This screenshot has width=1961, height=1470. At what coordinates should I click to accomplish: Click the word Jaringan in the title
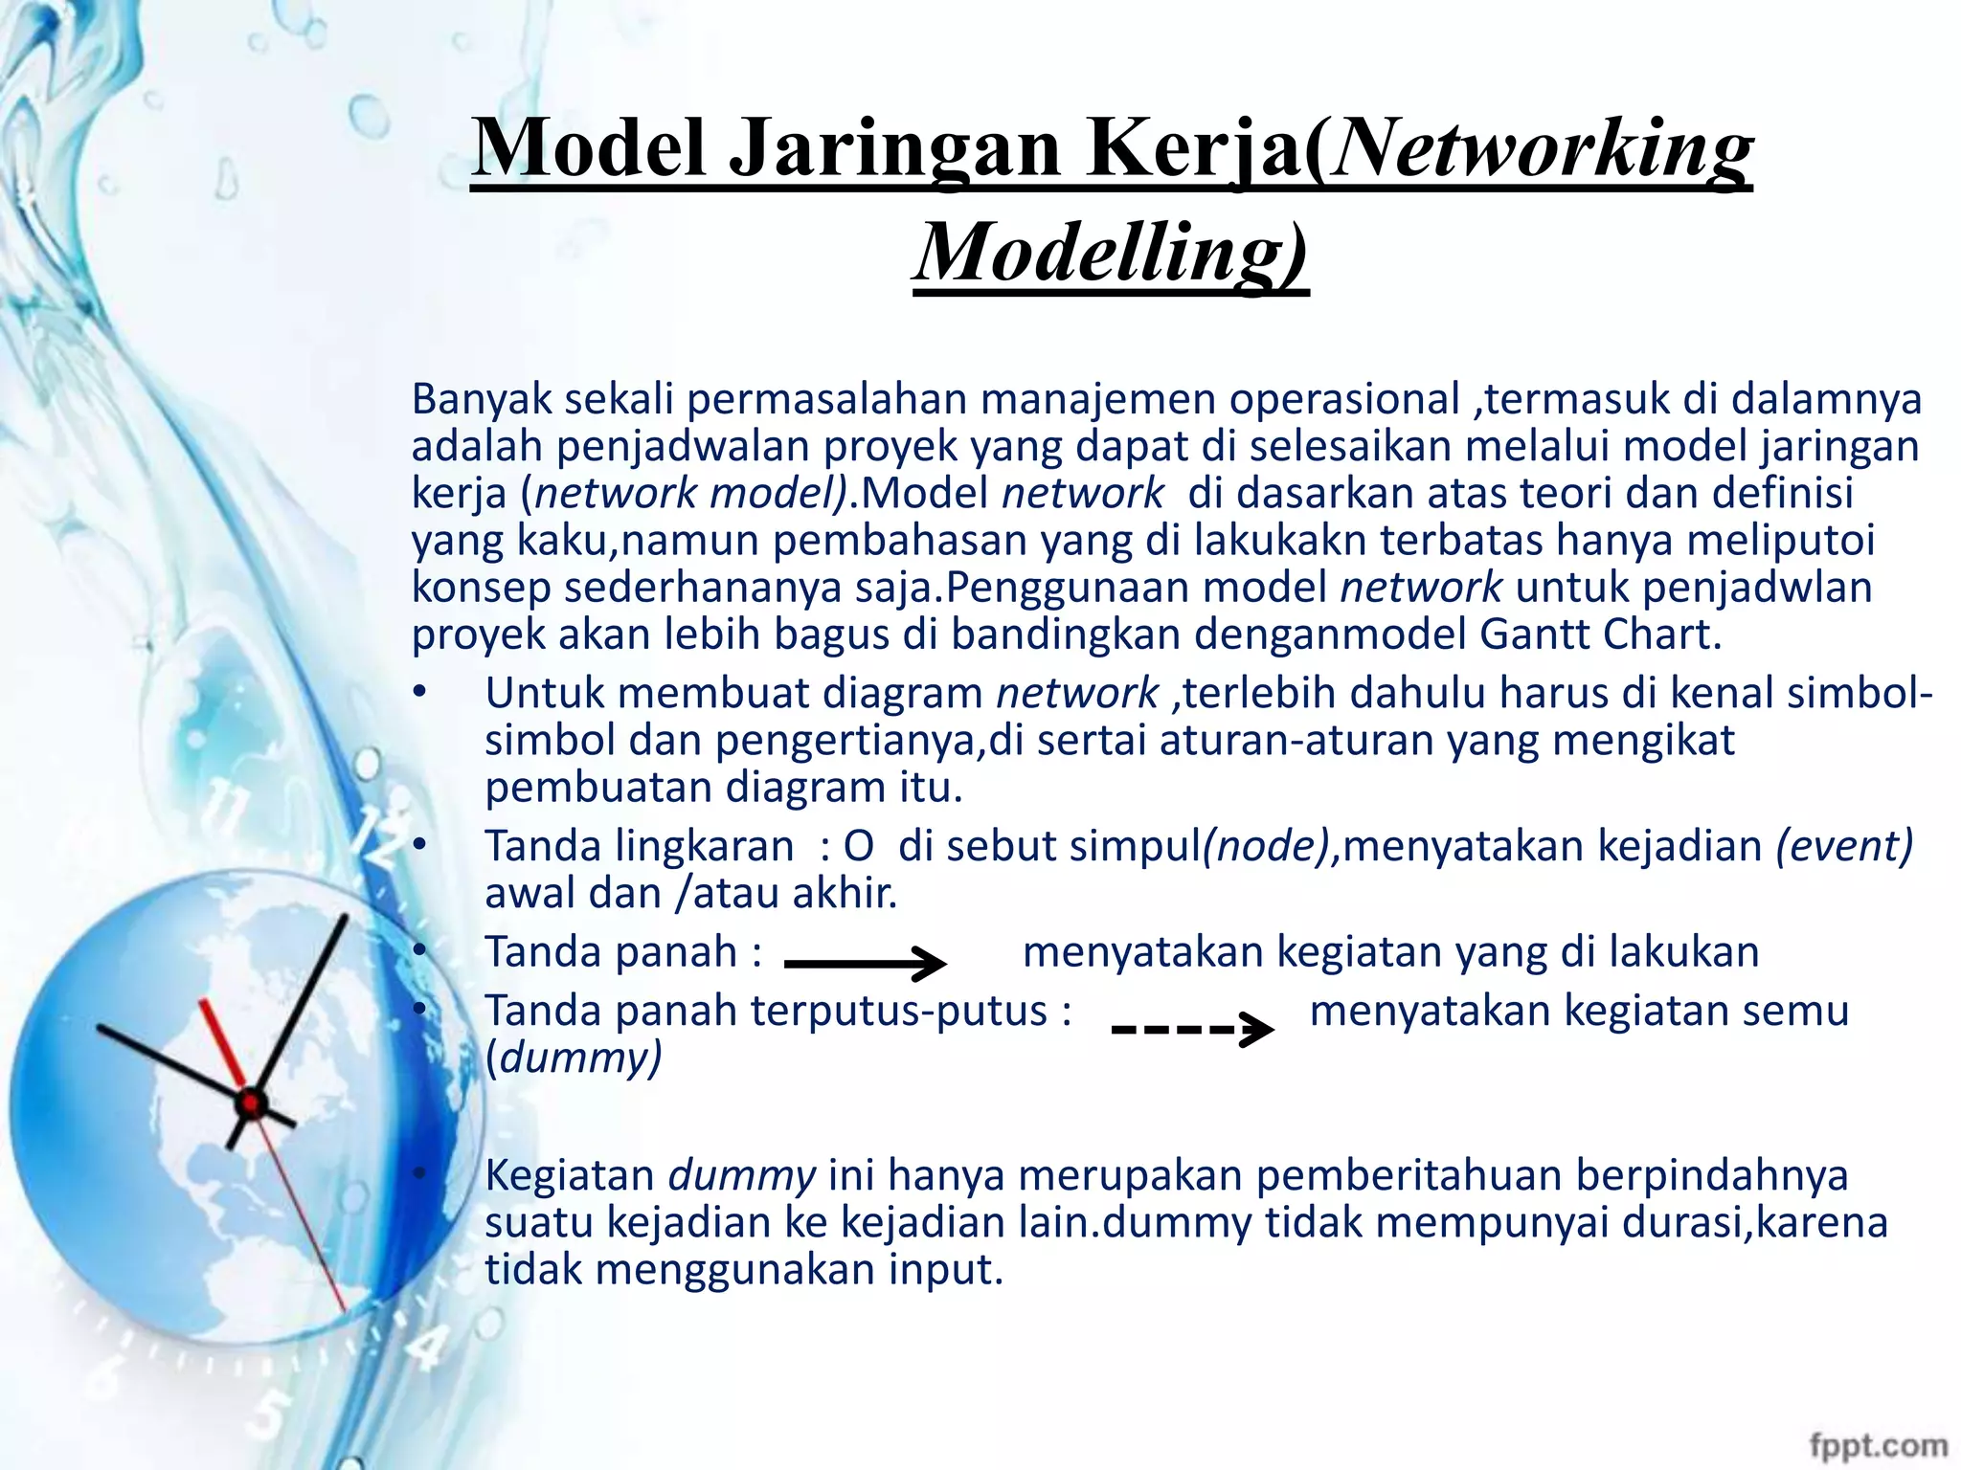[x=894, y=149]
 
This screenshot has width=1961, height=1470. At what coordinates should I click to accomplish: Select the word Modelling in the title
[x=1111, y=252]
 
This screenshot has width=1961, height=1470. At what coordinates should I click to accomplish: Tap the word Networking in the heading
[x=1542, y=149]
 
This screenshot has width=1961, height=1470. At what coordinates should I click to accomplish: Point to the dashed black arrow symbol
[x=1192, y=1030]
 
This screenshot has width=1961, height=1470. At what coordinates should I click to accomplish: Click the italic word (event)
[x=1844, y=846]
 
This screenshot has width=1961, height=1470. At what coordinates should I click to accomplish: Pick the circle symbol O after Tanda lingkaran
[x=858, y=847]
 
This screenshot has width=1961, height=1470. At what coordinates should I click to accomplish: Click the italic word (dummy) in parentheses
[x=574, y=1058]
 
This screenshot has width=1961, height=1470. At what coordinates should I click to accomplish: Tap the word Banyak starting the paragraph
[x=482, y=399]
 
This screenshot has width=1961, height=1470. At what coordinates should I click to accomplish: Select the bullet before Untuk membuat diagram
[x=418, y=692]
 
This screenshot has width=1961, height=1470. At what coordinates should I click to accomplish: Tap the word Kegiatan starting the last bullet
[x=569, y=1175]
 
